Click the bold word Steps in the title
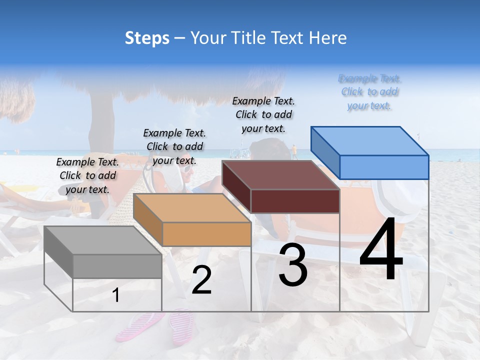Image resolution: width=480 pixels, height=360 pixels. point(147,38)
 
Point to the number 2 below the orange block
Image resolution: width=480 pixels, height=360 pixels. point(201,280)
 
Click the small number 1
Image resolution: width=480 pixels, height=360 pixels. point(116,295)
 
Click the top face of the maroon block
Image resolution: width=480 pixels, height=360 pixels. point(280,175)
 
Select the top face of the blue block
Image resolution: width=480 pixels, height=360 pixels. point(370,141)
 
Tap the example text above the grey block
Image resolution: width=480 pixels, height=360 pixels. point(88,175)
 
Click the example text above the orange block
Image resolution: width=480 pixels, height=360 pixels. point(174,146)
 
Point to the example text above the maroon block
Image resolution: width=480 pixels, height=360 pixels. point(263,114)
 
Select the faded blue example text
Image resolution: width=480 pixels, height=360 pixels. point(370,92)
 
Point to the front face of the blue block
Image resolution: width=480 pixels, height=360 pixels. point(384,167)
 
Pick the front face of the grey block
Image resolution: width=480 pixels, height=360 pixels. point(117,266)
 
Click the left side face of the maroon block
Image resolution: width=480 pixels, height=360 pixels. point(236,186)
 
